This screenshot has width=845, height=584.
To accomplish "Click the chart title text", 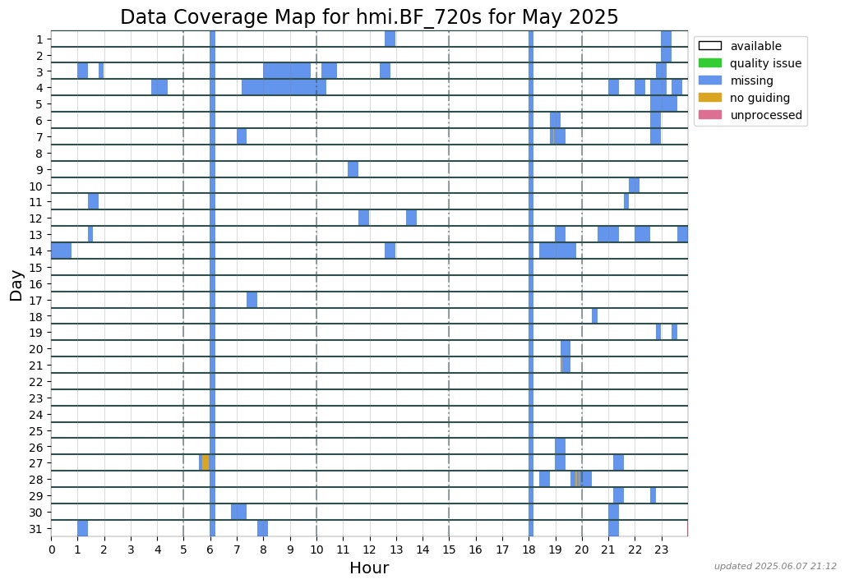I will click(x=369, y=17).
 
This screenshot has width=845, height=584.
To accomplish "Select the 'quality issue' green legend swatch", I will click(x=709, y=63).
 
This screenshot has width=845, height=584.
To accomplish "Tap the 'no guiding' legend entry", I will click(x=759, y=98).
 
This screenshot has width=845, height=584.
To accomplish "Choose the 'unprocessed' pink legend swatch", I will click(x=709, y=115).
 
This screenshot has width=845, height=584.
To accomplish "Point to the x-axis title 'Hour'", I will click(x=369, y=568).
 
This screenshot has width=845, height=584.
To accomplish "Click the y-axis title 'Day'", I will click(x=16, y=284).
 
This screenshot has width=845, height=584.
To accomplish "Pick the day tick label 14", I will click(x=39, y=251).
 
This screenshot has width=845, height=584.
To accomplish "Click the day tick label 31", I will click(x=39, y=528).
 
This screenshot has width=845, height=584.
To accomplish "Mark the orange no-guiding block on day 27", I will click(x=205, y=462).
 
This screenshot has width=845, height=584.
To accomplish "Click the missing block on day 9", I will click(x=353, y=169).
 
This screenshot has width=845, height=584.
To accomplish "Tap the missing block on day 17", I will click(x=252, y=300).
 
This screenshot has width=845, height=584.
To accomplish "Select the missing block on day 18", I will click(x=594, y=316).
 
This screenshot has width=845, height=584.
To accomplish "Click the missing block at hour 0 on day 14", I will click(x=62, y=251).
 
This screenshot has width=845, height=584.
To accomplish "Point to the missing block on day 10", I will click(x=634, y=186).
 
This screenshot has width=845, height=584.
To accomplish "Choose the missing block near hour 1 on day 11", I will click(x=93, y=202).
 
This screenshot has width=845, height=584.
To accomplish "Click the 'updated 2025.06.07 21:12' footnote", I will click(x=775, y=566).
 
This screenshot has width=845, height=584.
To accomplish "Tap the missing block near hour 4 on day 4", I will click(x=159, y=87).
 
